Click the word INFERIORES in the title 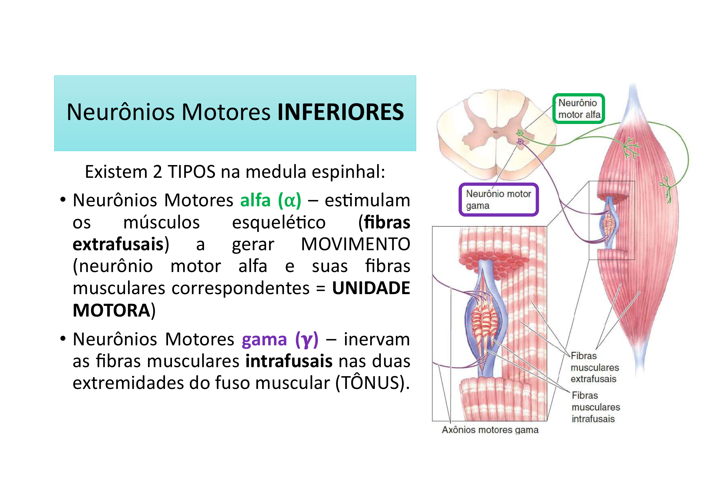click(x=341, y=112)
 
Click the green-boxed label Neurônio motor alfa click(x=578, y=109)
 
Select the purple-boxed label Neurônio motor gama click(x=498, y=200)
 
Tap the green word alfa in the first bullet click(x=255, y=200)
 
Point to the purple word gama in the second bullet click(x=264, y=339)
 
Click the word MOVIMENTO click(x=355, y=244)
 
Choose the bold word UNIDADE click(x=371, y=288)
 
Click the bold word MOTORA click(x=111, y=310)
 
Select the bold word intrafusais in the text click(x=289, y=361)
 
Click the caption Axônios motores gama click(x=490, y=430)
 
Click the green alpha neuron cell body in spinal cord click(x=520, y=133)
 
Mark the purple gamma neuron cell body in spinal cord click(x=521, y=141)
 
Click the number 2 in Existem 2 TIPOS click(x=157, y=172)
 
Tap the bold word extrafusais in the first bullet click(x=118, y=244)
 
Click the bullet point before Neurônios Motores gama click(x=63, y=339)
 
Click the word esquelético click(x=278, y=222)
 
